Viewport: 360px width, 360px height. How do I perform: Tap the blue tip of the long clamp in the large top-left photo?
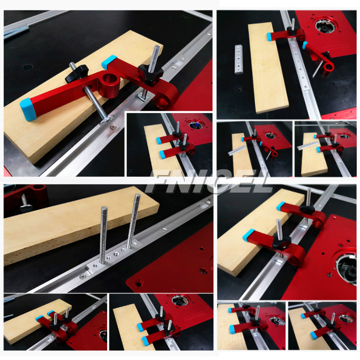click(28, 106)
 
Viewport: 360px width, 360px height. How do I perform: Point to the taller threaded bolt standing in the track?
click(133, 220)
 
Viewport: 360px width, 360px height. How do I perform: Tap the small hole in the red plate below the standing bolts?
click(138, 283)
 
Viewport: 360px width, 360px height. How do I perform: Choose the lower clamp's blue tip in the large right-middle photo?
click(248, 234)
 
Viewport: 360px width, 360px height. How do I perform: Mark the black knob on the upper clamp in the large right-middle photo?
click(307, 208)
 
